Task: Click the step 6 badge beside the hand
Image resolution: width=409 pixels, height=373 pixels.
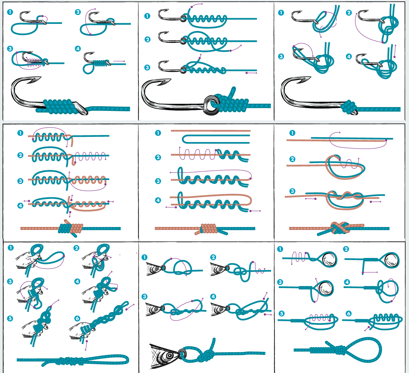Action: (77, 318)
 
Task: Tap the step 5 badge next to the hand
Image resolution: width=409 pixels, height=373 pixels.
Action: (10, 318)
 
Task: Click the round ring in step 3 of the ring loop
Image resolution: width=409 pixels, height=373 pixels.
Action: (326, 288)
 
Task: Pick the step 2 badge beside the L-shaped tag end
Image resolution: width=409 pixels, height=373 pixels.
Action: (346, 249)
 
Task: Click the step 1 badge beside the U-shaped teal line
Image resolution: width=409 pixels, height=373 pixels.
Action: (158, 133)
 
